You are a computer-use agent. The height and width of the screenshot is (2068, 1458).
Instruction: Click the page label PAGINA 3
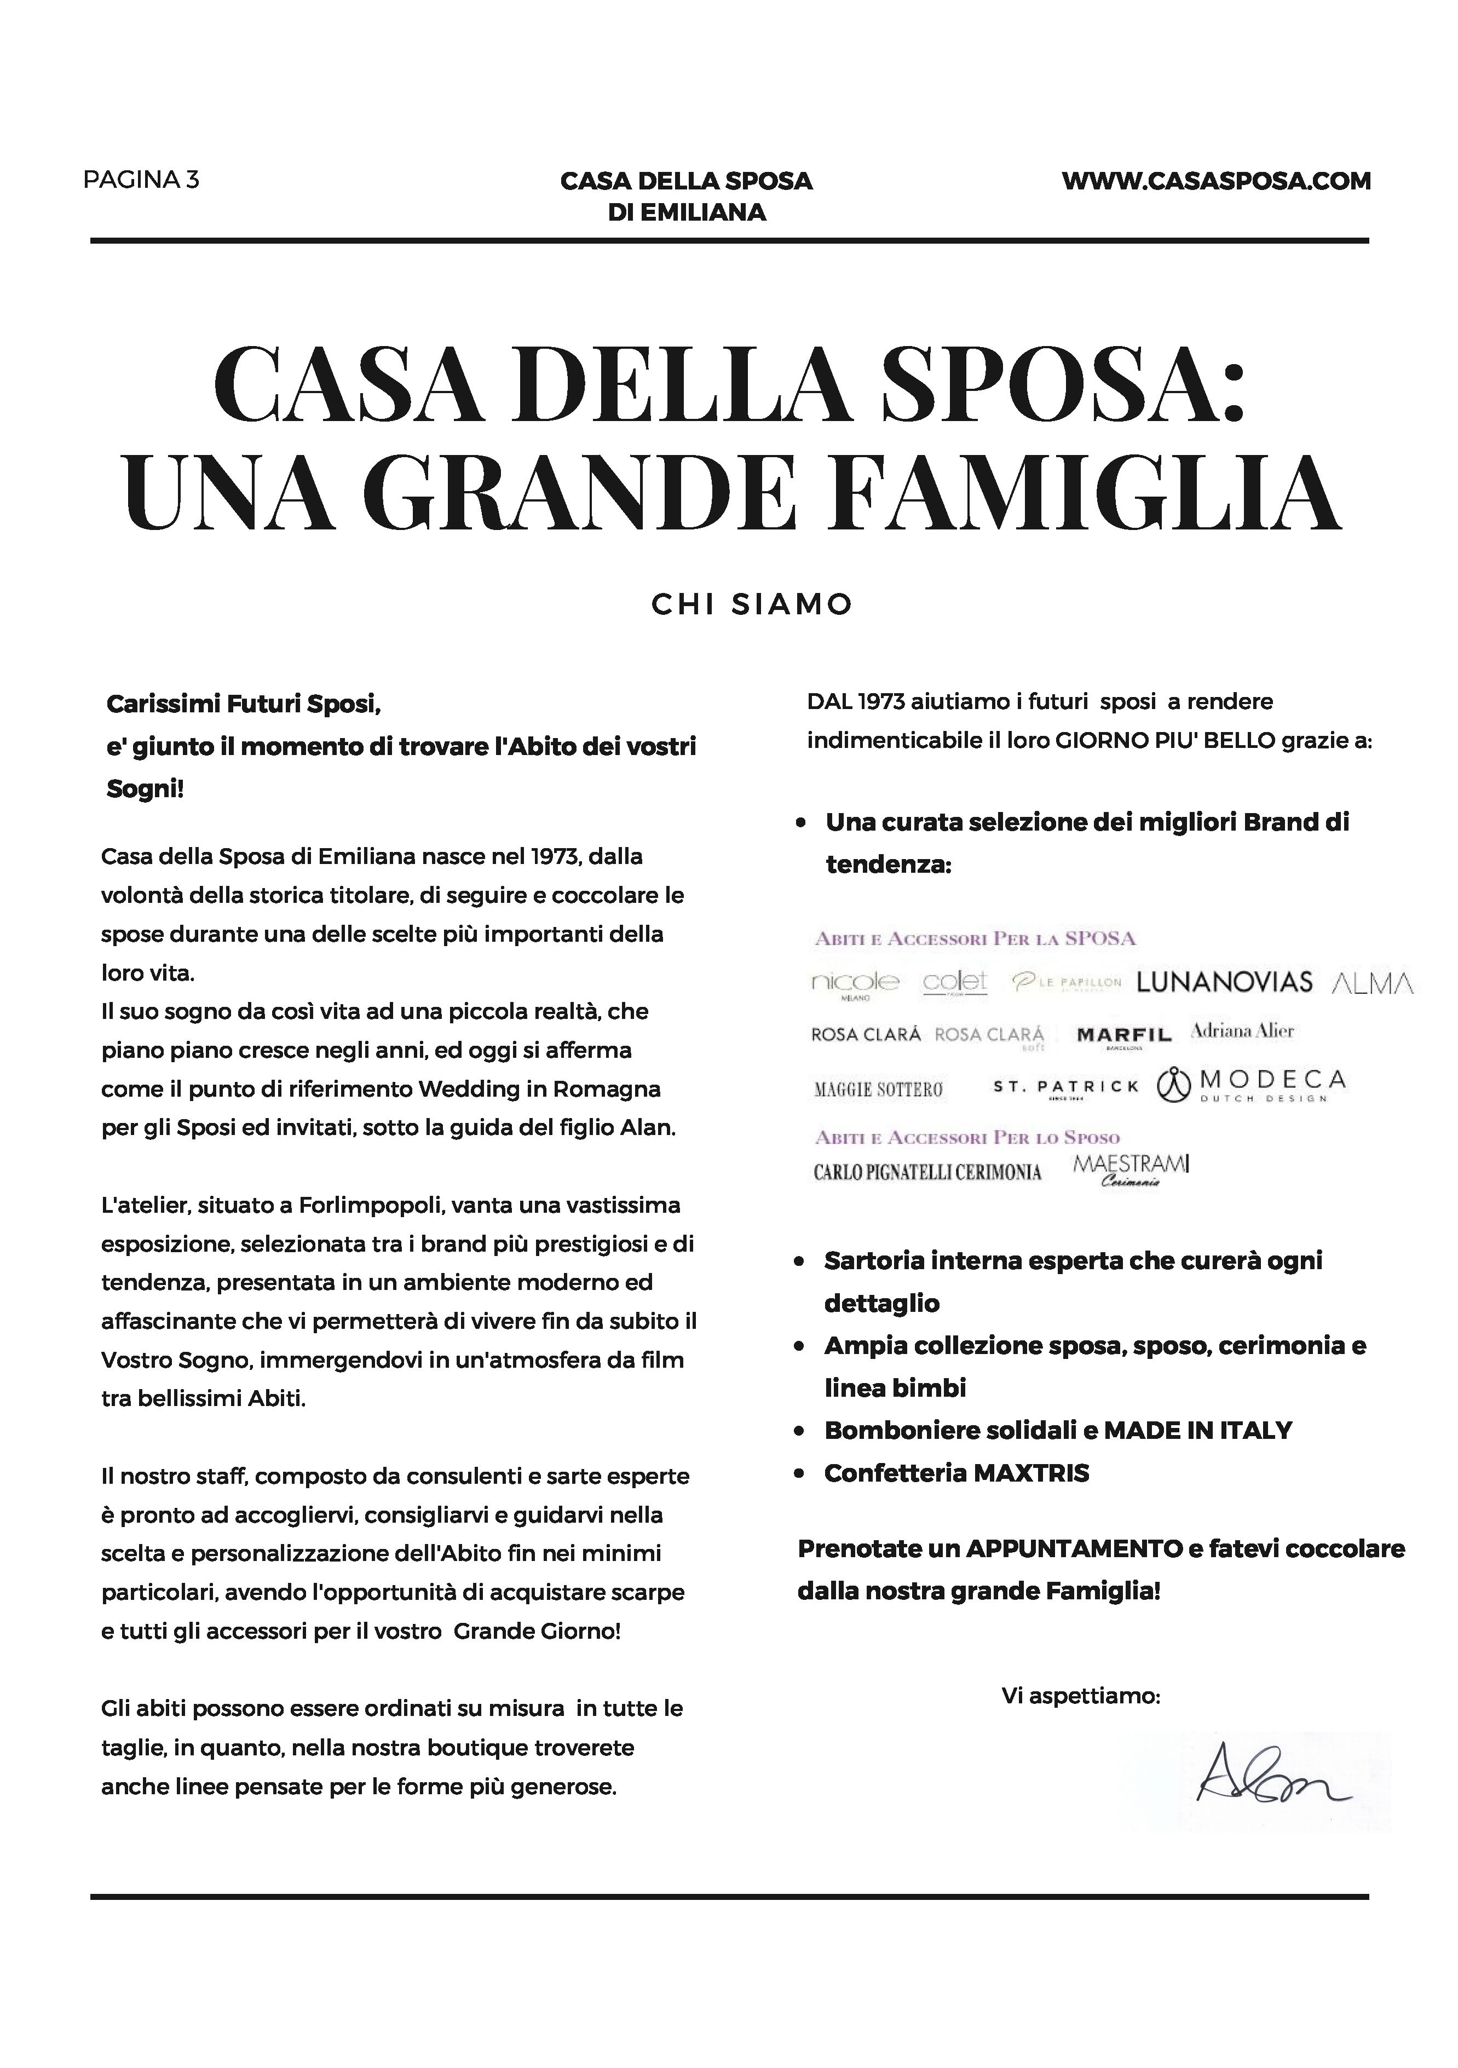point(141,180)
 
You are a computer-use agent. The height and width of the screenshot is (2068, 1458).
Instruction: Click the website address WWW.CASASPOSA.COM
point(1216,181)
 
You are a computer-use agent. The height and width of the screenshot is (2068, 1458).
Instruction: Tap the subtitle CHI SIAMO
point(751,604)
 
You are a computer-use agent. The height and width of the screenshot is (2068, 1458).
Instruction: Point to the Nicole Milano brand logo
point(854,983)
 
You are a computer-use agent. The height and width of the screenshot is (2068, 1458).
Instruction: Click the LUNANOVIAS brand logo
point(1224,982)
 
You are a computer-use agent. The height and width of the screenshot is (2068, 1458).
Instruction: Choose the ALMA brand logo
point(1371,983)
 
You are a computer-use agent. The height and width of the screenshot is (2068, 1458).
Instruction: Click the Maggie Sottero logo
point(878,1090)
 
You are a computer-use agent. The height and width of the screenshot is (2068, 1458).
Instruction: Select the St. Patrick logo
point(1065,1088)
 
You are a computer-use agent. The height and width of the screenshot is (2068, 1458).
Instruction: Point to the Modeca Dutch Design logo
point(1252,1085)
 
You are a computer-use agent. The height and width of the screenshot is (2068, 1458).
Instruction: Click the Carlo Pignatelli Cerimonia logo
point(927,1172)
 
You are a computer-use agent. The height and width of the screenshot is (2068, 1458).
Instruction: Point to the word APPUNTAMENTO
point(1074,1548)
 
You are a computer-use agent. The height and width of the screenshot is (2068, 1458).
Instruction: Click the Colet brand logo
point(955,983)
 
